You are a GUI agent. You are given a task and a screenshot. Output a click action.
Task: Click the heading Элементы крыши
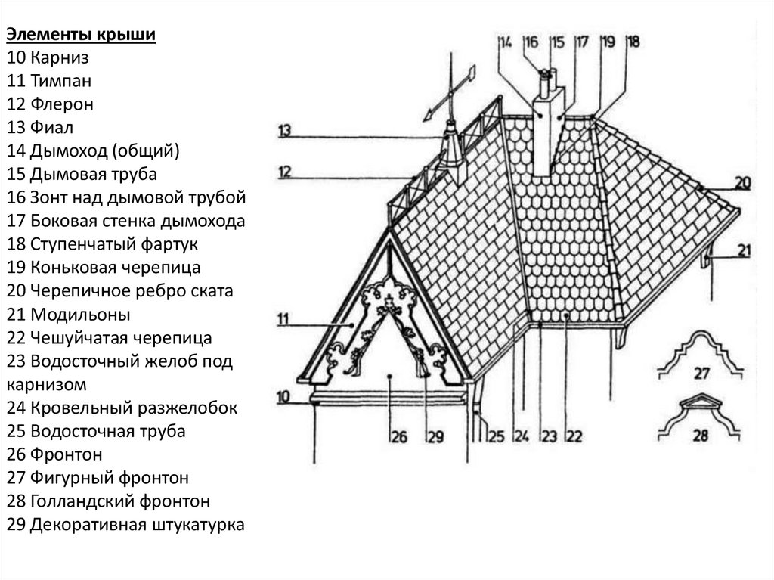coord(82,36)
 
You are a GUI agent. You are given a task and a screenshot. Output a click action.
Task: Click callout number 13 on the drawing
coord(284,129)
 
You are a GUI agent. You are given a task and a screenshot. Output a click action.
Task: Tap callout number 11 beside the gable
coord(283,319)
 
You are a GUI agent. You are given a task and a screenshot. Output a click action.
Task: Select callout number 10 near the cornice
coord(283,395)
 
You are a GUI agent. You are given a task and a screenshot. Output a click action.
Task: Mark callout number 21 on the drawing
coord(745,251)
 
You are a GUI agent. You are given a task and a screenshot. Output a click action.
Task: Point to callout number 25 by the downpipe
coord(495,435)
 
